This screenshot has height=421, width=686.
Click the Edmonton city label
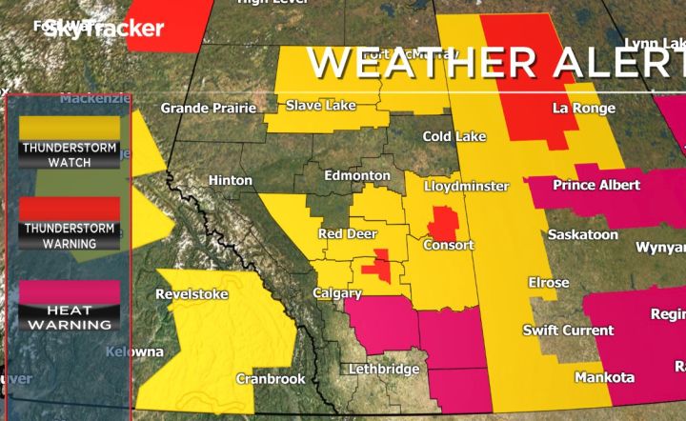[x=357, y=176]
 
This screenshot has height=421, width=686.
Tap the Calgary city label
[x=337, y=293]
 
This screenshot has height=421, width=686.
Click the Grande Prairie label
[x=209, y=109]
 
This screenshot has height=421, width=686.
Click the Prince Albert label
[x=596, y=185]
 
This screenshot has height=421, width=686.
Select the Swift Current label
[x=568, y=331]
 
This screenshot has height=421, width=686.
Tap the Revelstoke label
[x=192, y=294]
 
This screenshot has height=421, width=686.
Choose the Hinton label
[x=230, y=180]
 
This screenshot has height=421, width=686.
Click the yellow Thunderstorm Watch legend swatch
[x=70, y=126]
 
